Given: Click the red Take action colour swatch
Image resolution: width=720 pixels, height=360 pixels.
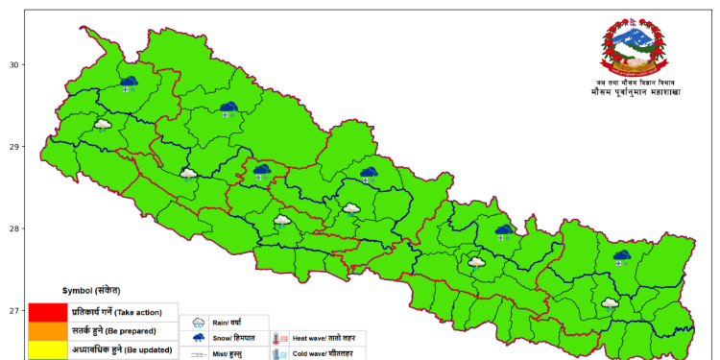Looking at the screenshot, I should tap(46, 312).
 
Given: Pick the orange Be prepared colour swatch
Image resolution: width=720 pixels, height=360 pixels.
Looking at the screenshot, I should tap(46, 331).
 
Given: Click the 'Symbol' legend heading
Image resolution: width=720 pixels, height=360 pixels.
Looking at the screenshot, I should tap(91, 290).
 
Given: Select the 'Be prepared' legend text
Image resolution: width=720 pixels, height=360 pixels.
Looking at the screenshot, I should tap(138, 331).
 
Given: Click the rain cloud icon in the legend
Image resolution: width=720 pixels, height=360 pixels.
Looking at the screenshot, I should tap(199, 324).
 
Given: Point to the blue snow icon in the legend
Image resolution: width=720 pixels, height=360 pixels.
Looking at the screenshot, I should tap(199, 339).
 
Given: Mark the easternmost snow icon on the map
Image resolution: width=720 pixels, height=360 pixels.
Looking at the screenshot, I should tap(622, 257).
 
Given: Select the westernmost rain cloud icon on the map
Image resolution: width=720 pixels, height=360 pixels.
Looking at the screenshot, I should tap(103, 126).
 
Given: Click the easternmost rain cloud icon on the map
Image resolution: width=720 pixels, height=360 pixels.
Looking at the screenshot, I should tap(610, 303).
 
